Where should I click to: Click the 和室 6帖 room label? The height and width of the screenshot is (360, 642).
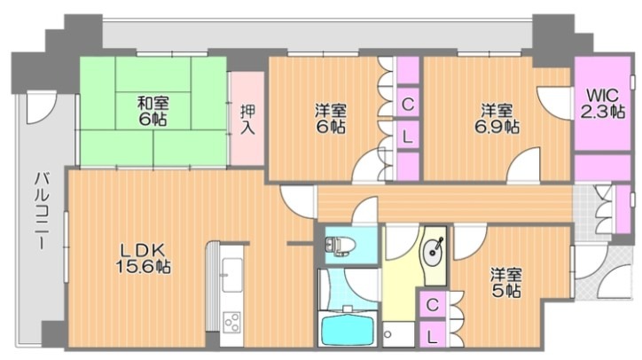(152, 111)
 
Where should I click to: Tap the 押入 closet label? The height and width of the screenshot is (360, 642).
(247, 119)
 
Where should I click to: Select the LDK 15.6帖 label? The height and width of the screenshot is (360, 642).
(143, 258)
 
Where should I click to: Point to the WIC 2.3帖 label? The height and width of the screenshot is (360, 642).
(603, 104)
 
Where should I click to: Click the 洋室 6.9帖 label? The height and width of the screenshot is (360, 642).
(497, 119)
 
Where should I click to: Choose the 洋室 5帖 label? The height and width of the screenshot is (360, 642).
(506, 283)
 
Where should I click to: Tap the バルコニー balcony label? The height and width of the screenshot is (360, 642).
(42, 210)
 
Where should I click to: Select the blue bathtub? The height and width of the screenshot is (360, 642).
(348, 328)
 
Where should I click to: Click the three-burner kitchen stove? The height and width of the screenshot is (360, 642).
(232, 322)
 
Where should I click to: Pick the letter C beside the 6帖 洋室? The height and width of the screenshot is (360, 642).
(408, 104)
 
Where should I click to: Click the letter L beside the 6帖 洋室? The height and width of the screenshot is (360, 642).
(407, 137)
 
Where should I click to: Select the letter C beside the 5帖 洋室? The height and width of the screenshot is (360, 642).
(433, 304)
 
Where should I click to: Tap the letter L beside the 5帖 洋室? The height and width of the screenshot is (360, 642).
(432, 337)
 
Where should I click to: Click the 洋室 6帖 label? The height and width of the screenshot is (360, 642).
(331, 119)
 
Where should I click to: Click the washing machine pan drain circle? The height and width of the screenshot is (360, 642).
(388, 333)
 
